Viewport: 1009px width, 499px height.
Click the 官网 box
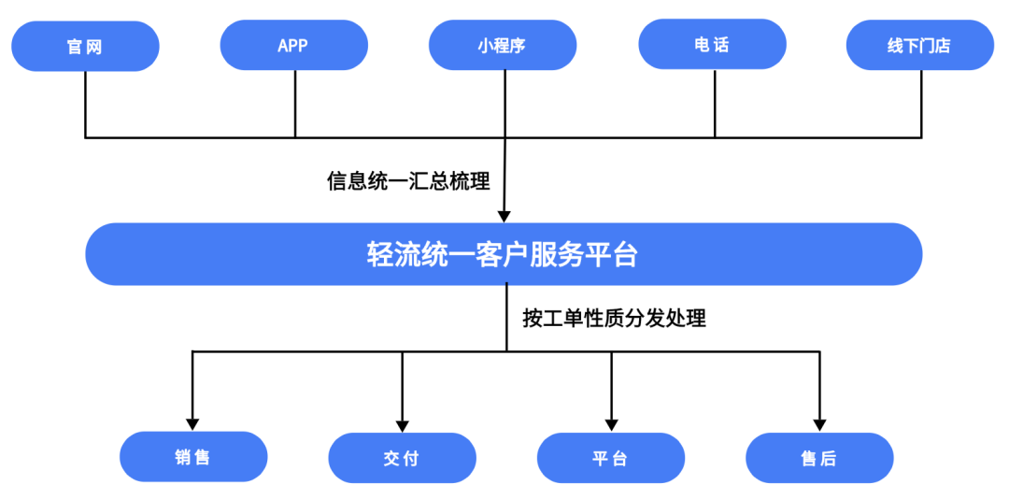(86, 47)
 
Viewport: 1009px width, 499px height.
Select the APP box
(294, 45)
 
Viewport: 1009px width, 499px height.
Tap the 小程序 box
(504, 45)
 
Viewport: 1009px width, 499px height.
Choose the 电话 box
(712, 45)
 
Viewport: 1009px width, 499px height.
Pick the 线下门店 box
(920, 45)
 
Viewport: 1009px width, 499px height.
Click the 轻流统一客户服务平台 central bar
(504, 254)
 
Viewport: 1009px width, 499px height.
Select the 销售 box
(193, 457)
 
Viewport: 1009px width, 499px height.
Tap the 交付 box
(402, 458)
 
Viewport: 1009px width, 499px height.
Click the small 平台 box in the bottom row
(611, 458)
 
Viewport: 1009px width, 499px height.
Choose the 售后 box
(820, 458)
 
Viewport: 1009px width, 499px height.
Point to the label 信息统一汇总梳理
(408, 181)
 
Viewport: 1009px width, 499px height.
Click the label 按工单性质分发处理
(614, 318)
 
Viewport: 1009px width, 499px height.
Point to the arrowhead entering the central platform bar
(505, 216)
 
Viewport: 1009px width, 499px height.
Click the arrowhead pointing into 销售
(192, 424)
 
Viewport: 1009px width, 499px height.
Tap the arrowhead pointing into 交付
(402, 425)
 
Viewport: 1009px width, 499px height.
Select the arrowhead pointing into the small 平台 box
(611, 425)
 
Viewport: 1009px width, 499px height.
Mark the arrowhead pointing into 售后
(820, 425)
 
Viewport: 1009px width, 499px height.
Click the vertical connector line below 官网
(86, 105)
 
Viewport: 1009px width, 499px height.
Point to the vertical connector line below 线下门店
(921, 104)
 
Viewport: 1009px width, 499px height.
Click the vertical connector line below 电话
(715, 104)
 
